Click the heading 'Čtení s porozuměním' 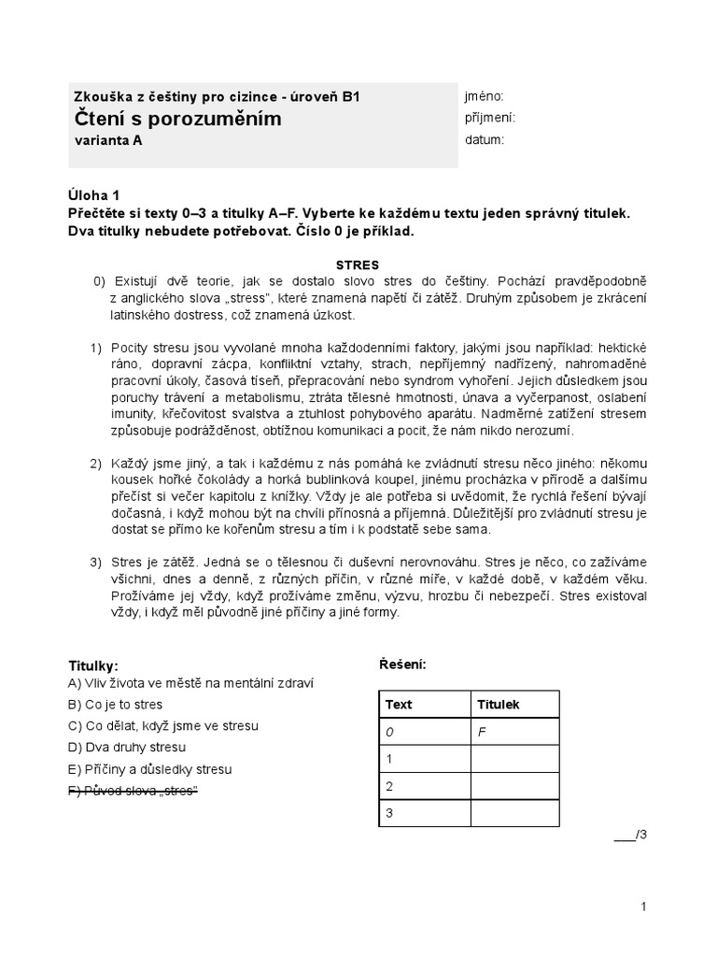coord(176,120)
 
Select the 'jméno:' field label coord(484,96)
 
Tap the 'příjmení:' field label coord(489,118)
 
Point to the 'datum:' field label coord(484,140)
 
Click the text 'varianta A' coord(108,141)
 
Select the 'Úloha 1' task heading coord(94,195)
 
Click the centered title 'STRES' coord(358,264)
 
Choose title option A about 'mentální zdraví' coord(190,682)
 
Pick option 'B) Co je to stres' coord(121,704)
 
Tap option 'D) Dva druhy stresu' coord(127,747)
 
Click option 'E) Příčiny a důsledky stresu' coord(149,769)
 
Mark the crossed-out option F coord(134,791)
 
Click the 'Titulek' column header coord(499,705)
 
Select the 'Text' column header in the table coord(399,705)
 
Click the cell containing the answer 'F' coord(513,733)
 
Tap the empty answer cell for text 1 coord(513,759)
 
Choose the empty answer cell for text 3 coord(513,813)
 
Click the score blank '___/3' coord(630,835)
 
